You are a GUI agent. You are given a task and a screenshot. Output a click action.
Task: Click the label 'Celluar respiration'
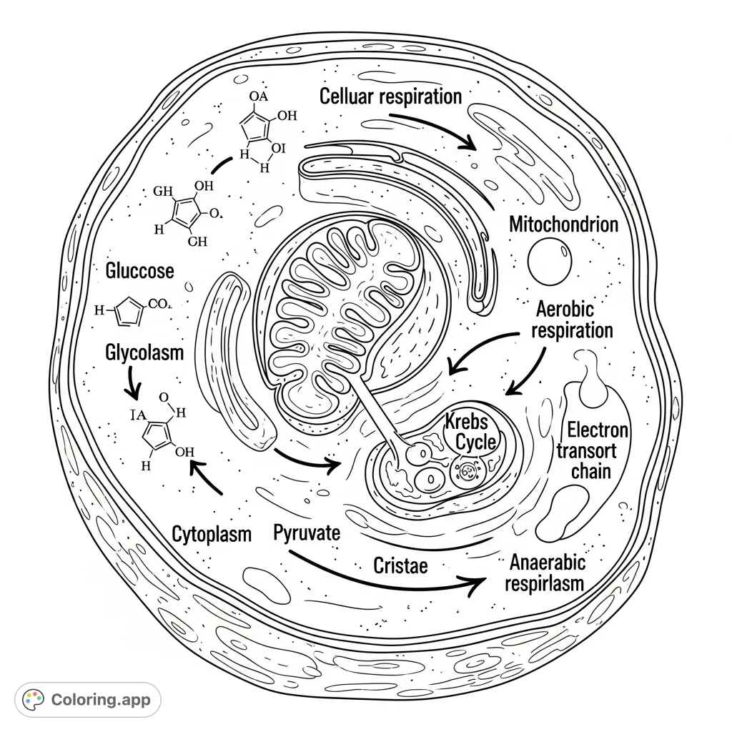pyautogui.click(x=390, y=96)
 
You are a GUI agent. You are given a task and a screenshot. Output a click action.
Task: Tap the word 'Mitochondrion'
pyautogui.click(x=563, y=224)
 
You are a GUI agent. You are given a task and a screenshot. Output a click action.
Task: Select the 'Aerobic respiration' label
pyautogui.click(x=573, y=320)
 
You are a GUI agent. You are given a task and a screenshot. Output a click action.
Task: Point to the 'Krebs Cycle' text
pyautogui.click(x=470, y=431)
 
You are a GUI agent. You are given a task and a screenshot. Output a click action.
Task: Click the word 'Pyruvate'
pyautogui.click(x=307, y=533)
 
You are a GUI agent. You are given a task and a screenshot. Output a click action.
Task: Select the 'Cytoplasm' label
pyautogui.click(x=212, y=534)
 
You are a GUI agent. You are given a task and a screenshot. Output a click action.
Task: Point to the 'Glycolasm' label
pyautogui.click(x=144, y=352)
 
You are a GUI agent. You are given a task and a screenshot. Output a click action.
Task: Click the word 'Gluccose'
pyautogui.click(x=139, y=271)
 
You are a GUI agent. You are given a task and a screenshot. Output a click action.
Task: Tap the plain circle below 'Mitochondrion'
pyautogui.click(x=550, y=262)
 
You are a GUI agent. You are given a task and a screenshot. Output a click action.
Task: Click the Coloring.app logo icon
pyautogui.click(x=34, y=699)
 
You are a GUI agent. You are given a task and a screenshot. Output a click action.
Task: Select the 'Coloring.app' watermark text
pyautogui.click(x=101, y=699)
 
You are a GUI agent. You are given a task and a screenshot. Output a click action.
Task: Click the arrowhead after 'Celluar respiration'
pyautogui.click(x=468, y=142)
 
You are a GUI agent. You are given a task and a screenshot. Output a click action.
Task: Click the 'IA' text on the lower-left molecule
pyautogui.click(x=138, y=414)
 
